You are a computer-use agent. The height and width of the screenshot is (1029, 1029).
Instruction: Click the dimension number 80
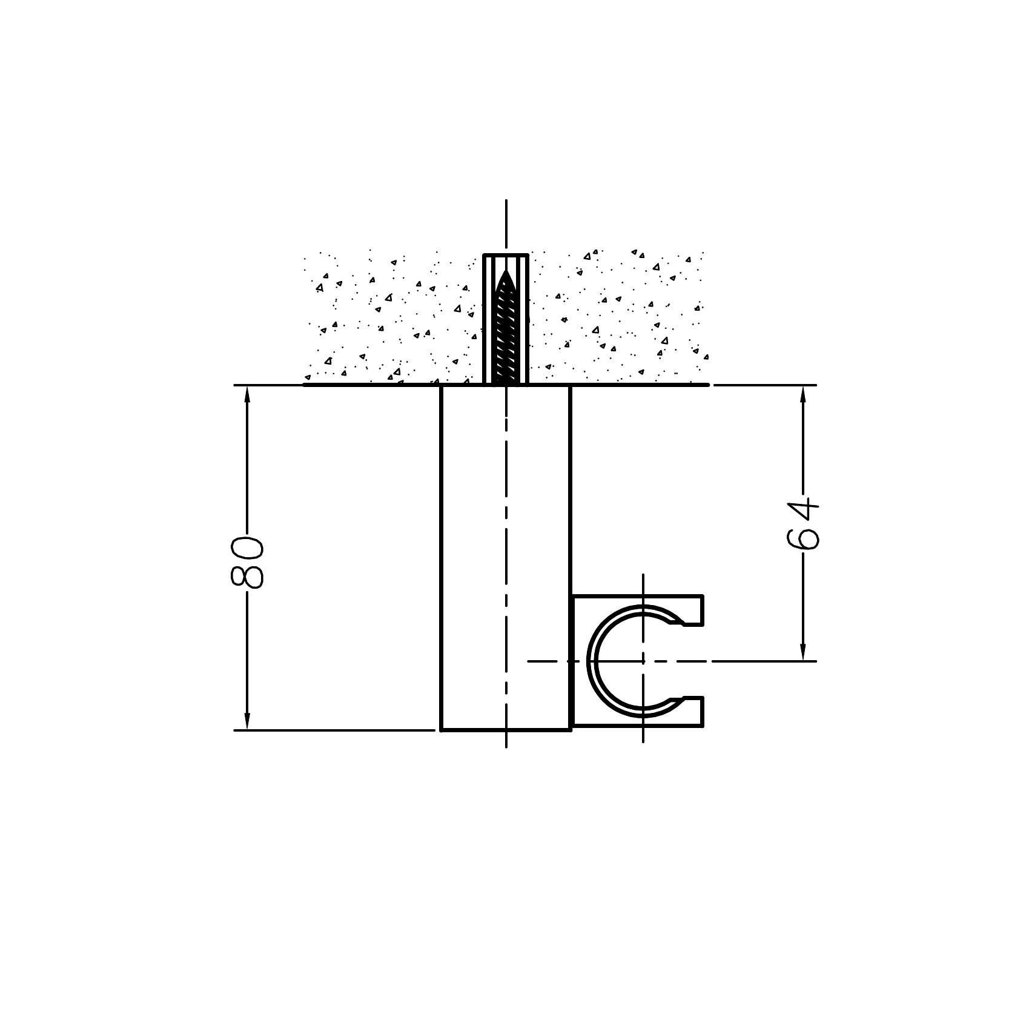click(247, 561)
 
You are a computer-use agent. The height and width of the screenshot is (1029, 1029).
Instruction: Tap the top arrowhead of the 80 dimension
click(247, 395)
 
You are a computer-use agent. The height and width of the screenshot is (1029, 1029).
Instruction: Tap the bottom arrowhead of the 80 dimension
click(247, 720)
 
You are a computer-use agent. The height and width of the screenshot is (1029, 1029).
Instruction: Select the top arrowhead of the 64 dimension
click(803, 395)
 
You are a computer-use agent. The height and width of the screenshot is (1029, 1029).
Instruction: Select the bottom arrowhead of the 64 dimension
click(803, 651)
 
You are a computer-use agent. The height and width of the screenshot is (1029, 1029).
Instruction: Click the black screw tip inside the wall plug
click(506, 280)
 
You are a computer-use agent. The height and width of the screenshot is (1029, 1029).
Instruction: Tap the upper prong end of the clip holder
click(702, 610)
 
